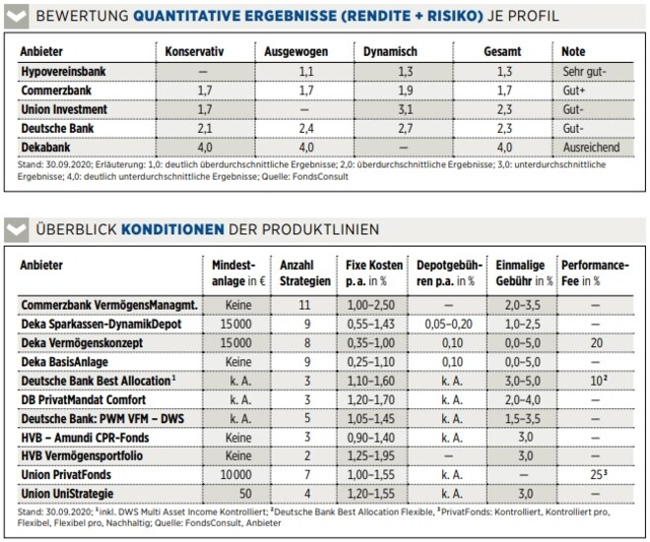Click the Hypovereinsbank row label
[63, 72]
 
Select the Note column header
[573, 52]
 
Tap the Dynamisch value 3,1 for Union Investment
[405, 110]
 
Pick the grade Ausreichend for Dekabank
[591, 148]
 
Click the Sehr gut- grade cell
[584, 72]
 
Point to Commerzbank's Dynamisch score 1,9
[405, 90]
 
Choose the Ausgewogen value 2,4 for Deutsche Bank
[306, 129]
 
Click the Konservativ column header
[194, 52]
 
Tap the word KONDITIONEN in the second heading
[172, 229]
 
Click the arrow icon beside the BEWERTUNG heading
[16, 17]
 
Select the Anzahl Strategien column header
[305, 273]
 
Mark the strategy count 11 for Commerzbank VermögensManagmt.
[304, 305]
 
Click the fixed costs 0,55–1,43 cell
[371, 325]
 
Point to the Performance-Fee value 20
[597, 343]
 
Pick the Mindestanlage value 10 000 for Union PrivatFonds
[235, 475]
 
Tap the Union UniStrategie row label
[67, 494]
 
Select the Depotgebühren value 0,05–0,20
[448, 325]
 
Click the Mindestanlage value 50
[245, 494]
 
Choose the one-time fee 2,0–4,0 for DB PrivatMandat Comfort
[522, 400]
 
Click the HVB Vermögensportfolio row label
[82, 456]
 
